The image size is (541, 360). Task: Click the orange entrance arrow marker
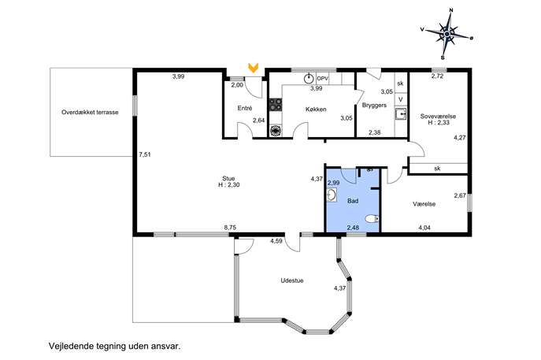point(254,68)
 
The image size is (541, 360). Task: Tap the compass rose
point(447,34)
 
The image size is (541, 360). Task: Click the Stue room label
point(228,179)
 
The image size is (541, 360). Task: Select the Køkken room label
point(316,109)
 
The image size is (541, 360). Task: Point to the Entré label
point(245,108)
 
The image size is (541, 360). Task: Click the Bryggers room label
point(374,106)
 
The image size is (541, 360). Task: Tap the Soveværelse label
point(438,117)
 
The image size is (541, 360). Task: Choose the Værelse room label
point(424,204)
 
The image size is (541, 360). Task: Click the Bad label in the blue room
point(353,201)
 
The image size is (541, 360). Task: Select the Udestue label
point(292,280)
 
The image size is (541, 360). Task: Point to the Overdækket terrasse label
point(90,112)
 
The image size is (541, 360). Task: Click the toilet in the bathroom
point(372,218)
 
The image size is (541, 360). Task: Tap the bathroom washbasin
point(332,195)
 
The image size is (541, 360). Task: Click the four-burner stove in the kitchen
point(276,104)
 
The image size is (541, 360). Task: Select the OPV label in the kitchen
point(322,79)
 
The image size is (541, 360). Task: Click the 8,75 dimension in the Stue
point(230,228)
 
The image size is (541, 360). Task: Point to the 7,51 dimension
point(145,154)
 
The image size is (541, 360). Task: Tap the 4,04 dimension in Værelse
point(424,228)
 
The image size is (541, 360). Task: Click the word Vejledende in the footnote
point(71,346)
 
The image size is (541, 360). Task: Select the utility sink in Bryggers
point(401,114)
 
